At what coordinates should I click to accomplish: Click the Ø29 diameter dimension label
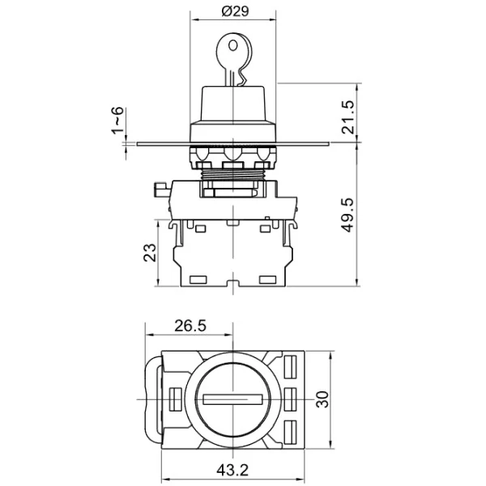tap(235, 11)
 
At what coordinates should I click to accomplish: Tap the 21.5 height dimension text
tap(347, 117)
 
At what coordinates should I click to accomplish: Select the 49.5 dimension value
tap(347, 215)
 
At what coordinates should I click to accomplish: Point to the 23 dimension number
tap(150, 253)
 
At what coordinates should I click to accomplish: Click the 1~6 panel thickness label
tap(117, 120)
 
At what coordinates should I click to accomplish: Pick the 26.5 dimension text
tap(190, 326)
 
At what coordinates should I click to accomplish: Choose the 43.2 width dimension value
tap(232, 470)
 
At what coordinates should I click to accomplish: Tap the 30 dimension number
tap(322, 399)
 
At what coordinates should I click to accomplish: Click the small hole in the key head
tap(233, 46)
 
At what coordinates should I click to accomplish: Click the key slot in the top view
tap(233, 399)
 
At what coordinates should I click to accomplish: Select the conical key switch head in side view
tap(233, 104)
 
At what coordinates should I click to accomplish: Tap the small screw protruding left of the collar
tap(161, 190)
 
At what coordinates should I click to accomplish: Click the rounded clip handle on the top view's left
tap(153, 400)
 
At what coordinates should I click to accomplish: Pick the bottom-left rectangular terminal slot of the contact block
tap(198, 280)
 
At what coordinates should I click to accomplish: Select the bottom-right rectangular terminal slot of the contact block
tap(267, 280)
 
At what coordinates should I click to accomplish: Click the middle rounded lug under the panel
tap(233, 154)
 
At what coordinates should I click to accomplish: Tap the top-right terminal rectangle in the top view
tap(290, 367)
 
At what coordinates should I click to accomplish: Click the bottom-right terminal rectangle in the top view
tap(290, 432)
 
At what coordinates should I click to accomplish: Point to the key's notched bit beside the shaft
tap(241, 78)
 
